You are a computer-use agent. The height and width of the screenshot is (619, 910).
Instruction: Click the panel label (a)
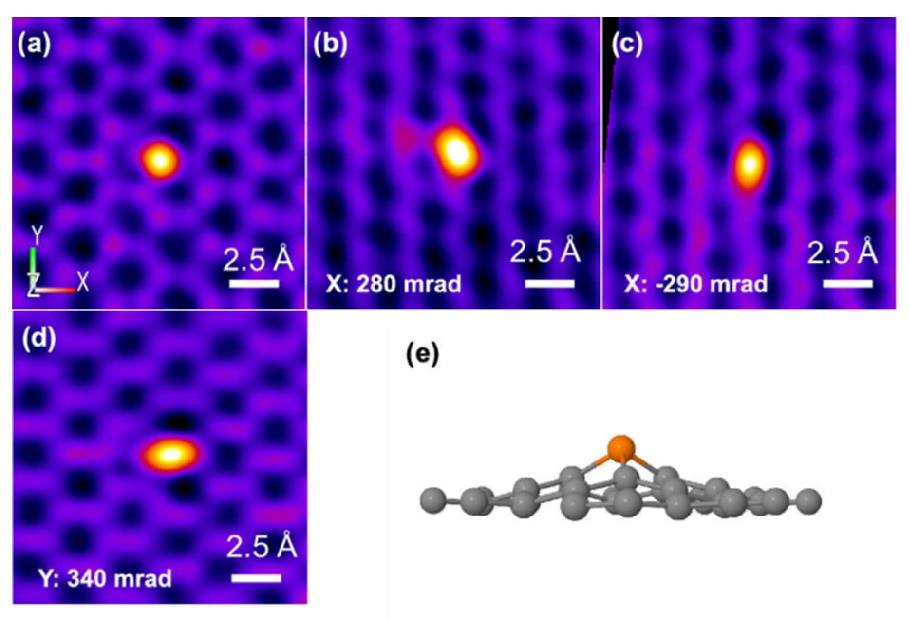click(34, 45)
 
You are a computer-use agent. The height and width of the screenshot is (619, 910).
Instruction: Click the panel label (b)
click(330, 44)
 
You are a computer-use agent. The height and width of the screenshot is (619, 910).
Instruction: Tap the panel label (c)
click(627, 44)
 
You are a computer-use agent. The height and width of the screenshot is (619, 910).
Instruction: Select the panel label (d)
click(39, 338)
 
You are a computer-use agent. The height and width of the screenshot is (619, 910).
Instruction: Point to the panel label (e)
click(422, 354)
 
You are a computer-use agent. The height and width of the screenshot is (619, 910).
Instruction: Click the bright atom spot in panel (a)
click(160, 160)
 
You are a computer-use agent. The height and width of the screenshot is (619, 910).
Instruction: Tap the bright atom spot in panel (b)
click(456, 151)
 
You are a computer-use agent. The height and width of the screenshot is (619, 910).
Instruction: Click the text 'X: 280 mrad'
click(394, 284)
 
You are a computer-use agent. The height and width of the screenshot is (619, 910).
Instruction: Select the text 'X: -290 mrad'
click(695, 284)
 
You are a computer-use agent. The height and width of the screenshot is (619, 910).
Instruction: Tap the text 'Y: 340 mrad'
click(105, 578)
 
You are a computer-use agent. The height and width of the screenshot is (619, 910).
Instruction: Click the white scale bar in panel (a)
click(254, 284)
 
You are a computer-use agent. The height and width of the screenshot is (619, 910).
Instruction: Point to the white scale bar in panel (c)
click(848, 283)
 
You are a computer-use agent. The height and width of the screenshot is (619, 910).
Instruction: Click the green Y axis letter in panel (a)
click(37, 234)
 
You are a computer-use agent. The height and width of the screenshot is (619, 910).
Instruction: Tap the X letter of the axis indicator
click(83, 282)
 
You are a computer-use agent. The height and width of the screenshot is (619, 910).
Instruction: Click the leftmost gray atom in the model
click(433, 500)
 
